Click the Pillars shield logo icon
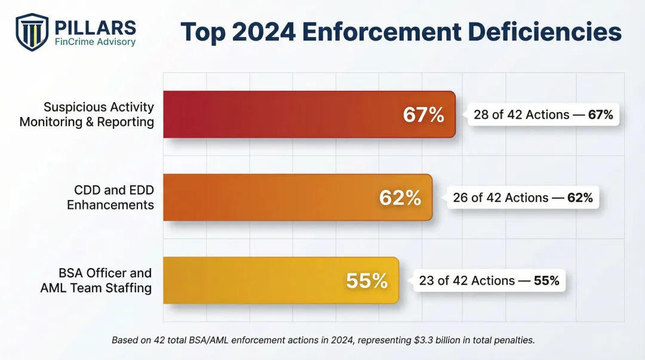pos(32,32)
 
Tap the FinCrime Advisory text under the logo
pos(95,42)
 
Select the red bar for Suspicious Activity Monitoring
pos(281,115)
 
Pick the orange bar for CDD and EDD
pos(269,198)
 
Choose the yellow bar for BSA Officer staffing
pos(251,281)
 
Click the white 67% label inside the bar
pos(423,115)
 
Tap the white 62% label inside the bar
pos(400,198)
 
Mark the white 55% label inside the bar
pos(367,281)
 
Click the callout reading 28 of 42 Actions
pos(543,115)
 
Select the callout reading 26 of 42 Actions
pos(523,198)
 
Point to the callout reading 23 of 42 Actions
pos(489,281)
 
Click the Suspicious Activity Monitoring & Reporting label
pos(87,115)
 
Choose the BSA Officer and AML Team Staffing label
pos(96,281)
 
